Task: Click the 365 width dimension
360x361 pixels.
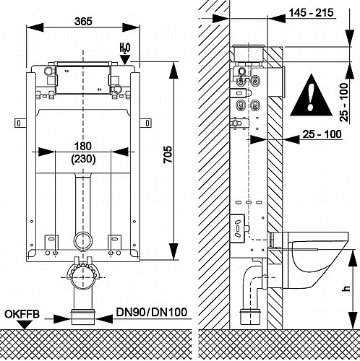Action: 83,22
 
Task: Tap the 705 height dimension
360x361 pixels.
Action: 168,155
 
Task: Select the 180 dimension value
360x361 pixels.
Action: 82,147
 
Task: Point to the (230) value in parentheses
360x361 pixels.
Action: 83,159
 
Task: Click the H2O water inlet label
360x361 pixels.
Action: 125,48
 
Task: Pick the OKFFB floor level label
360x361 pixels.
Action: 22,314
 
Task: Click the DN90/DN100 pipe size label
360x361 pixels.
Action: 152,313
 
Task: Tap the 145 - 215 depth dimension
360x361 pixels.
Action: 312,12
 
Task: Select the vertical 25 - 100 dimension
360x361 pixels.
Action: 344,102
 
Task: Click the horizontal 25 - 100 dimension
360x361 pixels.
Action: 322,134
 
